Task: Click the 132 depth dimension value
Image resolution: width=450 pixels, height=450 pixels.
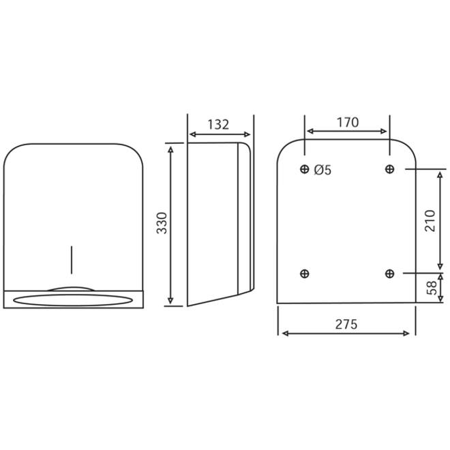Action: (x=218, y=125)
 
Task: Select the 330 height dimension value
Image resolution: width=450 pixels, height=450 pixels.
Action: (x=162, y=223)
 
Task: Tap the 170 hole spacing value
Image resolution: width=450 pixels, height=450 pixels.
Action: (x=348, y=122)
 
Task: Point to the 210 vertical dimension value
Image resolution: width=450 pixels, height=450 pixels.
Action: (x=430, y=221)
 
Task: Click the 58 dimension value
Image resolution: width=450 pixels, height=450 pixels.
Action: (x=432, y=288)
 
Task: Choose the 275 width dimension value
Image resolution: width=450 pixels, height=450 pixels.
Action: (x=346, y=325)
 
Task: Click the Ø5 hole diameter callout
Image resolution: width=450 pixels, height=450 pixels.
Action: (x=322, y=170)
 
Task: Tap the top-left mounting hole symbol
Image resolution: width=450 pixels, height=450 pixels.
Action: (x=305, y=169)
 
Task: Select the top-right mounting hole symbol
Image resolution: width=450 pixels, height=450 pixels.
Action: (x=389, y=169)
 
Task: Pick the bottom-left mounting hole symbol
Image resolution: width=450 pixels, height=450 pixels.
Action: (x=305, y=273)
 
